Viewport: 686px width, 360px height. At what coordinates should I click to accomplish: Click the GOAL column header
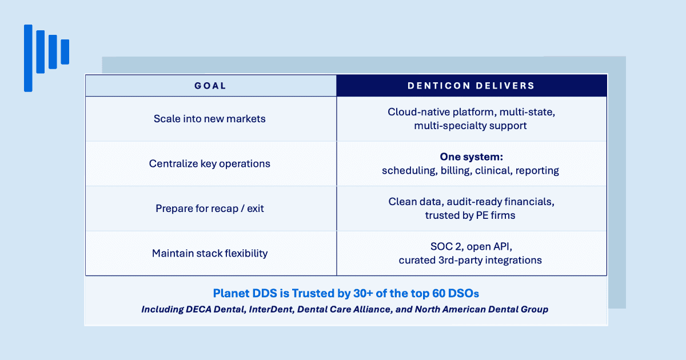[x=210, y=86]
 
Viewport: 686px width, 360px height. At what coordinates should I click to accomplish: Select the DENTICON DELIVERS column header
[x=471, y=86]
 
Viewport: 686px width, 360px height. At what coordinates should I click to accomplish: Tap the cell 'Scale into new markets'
[x=209, y=119]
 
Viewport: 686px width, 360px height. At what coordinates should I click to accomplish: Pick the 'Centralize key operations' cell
[x=209, y=164]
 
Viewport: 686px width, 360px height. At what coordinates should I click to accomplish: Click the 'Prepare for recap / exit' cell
[x=209, y=209]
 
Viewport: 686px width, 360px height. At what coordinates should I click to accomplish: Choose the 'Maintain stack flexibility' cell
[x=210, y=254]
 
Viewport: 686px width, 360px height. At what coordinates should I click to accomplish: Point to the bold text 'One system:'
[x=471, y=157]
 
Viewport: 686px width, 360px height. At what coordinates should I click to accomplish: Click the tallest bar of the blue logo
[x=28, y=58]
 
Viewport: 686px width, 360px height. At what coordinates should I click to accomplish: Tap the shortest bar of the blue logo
[x=65, y=52]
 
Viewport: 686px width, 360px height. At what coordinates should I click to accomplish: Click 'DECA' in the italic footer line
[x=198, y=310]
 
